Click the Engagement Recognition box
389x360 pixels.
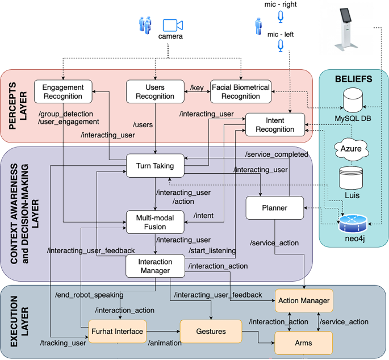click(62, 91)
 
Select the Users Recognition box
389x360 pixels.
click(155, 91)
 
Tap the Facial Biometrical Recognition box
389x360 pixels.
click(241, 91)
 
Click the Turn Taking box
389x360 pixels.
click(155, 165)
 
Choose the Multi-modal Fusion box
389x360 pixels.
click(155, 221)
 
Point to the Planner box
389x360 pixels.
click(274, 208)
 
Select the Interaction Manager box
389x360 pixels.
click(155, 266)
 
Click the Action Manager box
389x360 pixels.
click(303, 300)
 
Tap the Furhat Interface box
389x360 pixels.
click(118, 331)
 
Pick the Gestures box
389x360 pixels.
click(211, 331)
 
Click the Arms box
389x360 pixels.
click(303, 343)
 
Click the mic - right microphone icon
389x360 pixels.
click(280, 17)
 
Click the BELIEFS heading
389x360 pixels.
click(354, 79)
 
